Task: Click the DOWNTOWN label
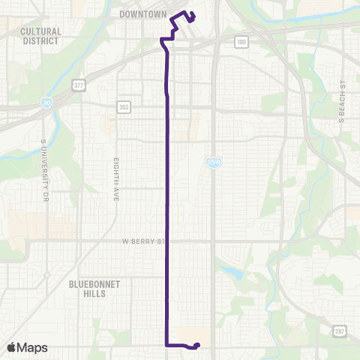click(142, 13)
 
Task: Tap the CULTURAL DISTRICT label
click(40, 36)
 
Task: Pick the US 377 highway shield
click(77, 85)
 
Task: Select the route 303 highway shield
click(123, 108)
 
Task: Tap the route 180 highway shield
click(240, 43)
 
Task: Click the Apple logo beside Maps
click(12, 347)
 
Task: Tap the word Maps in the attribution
click(32, 347)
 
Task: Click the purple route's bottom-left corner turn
click(166, 345)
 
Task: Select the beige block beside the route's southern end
click(193, 335)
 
